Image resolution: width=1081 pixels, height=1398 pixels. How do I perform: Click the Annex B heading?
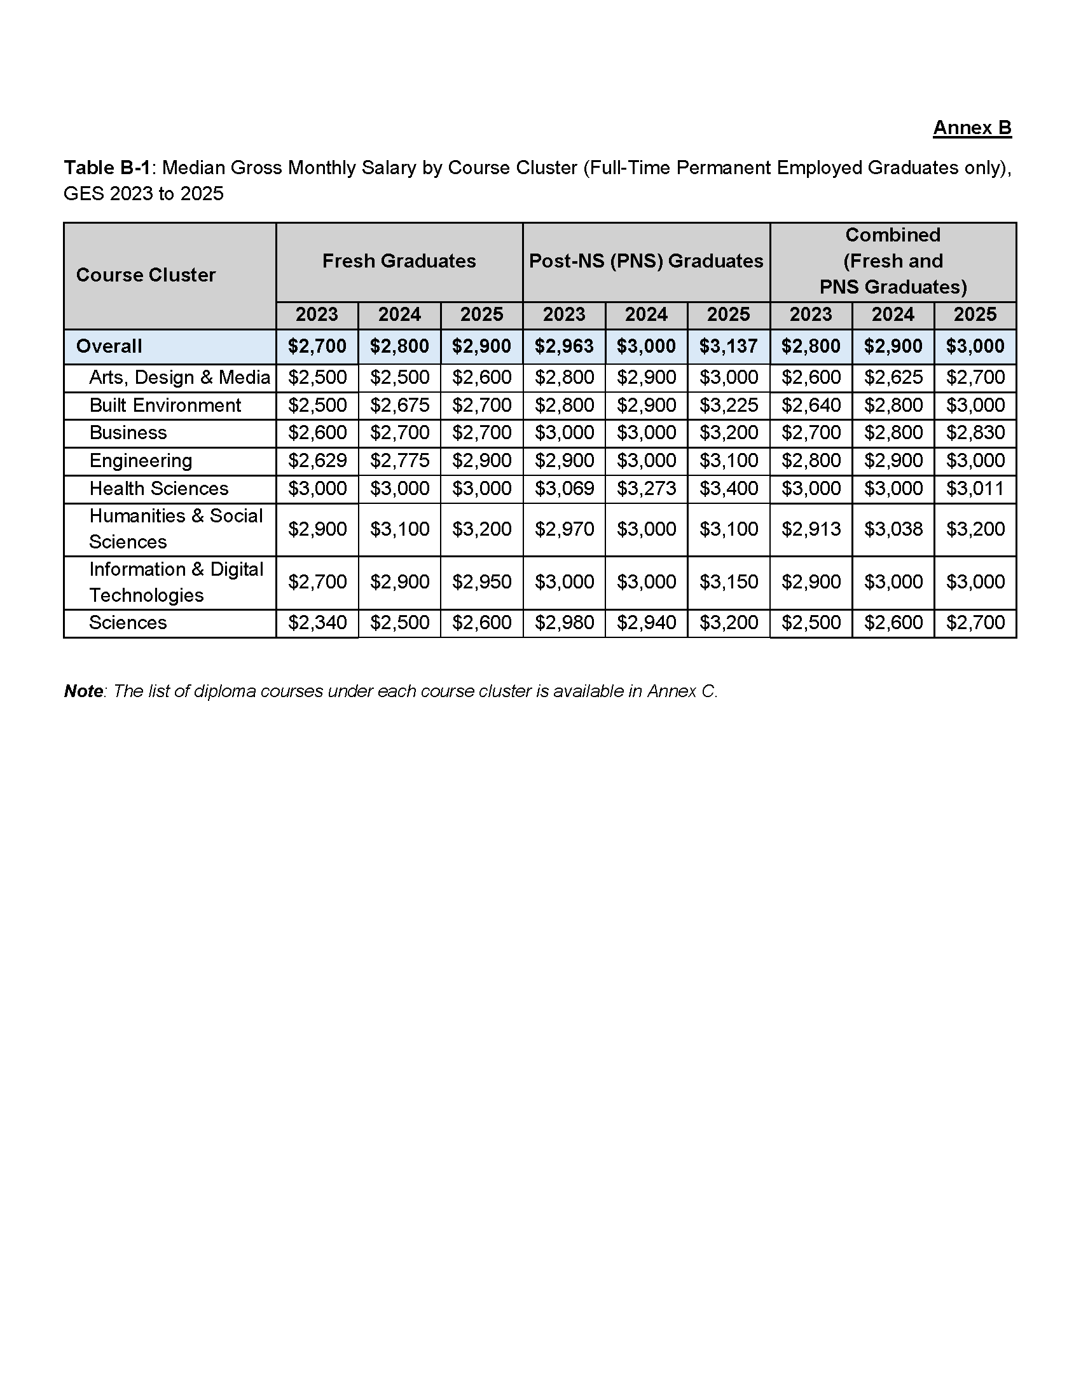tap(972, 128)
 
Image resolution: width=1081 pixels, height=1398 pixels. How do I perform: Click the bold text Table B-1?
tap(106, 168)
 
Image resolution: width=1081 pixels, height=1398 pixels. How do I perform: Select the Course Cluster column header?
tap(146, 275)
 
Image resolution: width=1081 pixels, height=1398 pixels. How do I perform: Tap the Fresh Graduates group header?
tap(399, 261)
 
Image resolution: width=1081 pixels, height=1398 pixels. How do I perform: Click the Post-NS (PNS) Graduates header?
tap(645, 261)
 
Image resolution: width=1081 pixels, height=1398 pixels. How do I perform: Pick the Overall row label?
tap(109, 346)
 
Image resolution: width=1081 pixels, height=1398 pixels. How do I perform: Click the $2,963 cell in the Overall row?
tap(563, 346)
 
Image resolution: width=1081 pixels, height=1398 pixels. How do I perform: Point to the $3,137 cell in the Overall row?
tap(728, 346)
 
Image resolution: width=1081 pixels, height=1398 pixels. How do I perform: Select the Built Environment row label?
tap(165, 405)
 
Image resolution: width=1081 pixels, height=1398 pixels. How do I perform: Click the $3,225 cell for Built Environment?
tap(728, 405)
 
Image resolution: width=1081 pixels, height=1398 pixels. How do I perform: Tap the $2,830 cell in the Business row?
tap(975, 433)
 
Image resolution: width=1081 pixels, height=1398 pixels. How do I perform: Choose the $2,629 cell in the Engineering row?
tap(317, 461)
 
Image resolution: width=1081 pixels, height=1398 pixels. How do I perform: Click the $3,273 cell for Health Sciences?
tap(645, 489)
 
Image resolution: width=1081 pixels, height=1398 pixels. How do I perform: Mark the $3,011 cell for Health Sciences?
tap(975, 489)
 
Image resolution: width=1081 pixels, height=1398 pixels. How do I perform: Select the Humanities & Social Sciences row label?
tap(176, 529)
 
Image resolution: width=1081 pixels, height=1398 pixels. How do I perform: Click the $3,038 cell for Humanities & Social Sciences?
tap(893, 529)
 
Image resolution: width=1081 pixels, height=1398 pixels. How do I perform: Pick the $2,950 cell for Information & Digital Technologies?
tap(481, 582)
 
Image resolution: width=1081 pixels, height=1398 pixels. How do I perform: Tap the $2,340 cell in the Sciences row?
tap(317, 623)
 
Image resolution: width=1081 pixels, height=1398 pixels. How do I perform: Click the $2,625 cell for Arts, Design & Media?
tap(893, 377)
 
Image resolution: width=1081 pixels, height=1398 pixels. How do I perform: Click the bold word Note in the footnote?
tap(83, 691)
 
